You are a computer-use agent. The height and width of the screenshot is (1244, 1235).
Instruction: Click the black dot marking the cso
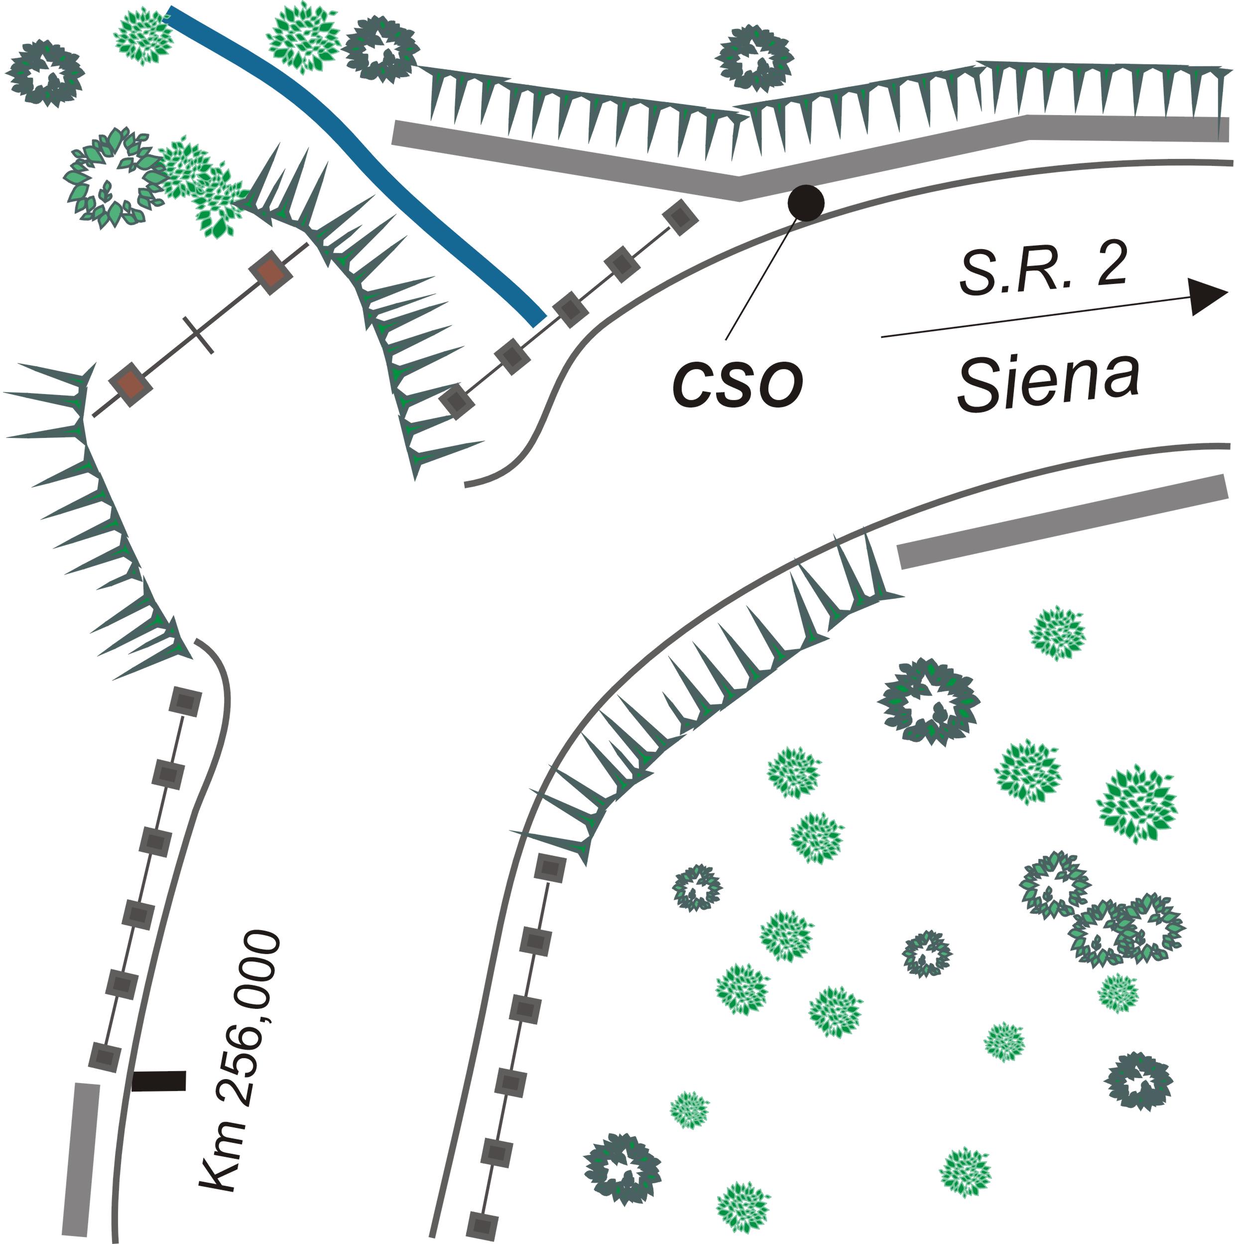(806, 202)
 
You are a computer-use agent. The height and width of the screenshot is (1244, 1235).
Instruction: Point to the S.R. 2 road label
(1043, 271)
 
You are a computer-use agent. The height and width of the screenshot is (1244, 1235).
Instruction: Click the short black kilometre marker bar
(159, 1081)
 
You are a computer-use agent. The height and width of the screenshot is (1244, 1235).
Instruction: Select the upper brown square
(270, 273)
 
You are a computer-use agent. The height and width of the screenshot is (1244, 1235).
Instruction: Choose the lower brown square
(130, 385)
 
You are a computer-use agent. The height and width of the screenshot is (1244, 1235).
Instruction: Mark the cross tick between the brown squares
(198, 335)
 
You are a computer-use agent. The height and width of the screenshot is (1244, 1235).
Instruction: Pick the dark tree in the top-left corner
(45, 73)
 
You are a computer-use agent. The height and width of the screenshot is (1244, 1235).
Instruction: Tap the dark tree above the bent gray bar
(754, 58)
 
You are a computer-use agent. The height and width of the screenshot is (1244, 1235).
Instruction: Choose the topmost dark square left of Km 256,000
(185, 700)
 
